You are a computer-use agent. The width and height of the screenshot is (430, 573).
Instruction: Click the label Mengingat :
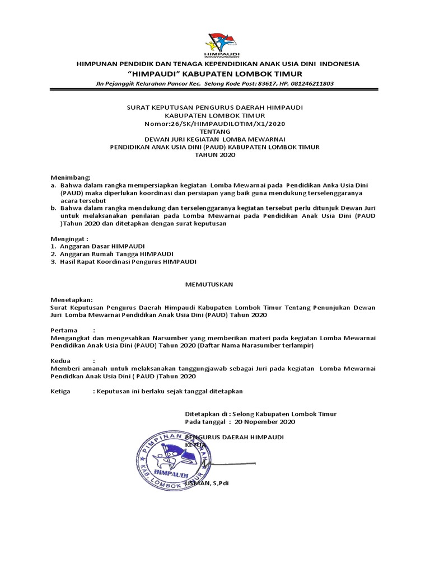pyautogui.click(x=70, y=237)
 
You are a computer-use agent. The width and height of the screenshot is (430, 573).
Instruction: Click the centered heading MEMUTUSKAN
pyautogui.click(x=209, y=284)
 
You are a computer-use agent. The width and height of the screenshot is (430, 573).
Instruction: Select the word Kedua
pyautogui.click(x=60, y=361)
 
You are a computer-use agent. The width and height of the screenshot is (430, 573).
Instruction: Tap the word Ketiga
pyautogui.click(x=60, y=391)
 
